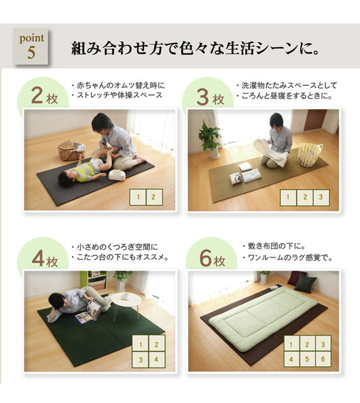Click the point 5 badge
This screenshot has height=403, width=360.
tap(31, 46)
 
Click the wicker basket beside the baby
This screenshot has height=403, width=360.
tap(70, 150)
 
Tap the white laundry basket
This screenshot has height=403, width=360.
tap(310, 154)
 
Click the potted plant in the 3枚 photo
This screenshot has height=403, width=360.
tap(210, 138)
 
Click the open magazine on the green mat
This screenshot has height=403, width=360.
tap(88, 313)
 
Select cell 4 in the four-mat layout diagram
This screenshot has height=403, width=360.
tap(156, 359)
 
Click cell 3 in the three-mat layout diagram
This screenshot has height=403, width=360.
tap(321, 197)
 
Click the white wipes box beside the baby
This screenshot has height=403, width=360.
tap(117, 174)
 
